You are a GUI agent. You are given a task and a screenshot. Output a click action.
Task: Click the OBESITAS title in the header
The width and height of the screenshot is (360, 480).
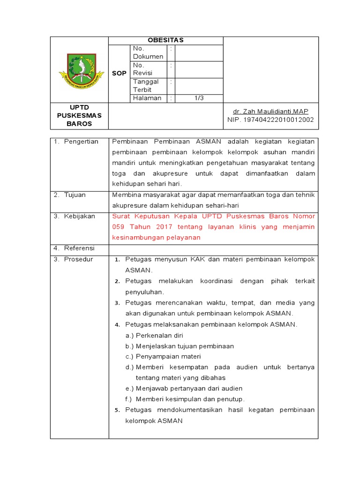pos(166,41)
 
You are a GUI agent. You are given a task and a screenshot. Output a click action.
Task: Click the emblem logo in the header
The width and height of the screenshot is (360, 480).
pos(82,72)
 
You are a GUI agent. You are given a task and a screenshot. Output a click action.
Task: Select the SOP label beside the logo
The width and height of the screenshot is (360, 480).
pos(119,74)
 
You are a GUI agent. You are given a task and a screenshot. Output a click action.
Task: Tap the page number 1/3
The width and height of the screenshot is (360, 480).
pos(199,98)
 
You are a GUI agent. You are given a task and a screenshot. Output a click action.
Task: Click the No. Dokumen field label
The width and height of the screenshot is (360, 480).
pos(148,52)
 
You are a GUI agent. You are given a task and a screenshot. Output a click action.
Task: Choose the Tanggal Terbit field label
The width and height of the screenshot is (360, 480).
pos(146,85)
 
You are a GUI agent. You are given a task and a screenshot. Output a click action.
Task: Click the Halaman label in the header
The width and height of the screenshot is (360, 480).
pos(147,98)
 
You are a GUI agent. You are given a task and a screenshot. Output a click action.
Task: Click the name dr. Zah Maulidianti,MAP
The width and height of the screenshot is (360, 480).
pos(270,111)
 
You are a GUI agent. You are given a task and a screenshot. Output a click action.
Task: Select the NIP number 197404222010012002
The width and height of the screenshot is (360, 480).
pos(270,120)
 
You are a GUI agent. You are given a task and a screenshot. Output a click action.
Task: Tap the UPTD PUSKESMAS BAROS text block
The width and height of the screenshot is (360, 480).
pos(79,115)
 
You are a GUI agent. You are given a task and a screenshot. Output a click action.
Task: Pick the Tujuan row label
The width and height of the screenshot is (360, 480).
pos(75,195)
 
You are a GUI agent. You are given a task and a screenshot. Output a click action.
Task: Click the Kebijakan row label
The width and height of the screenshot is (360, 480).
pos(80,216)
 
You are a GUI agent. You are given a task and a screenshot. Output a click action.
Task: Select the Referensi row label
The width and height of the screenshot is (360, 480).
pos(79,248)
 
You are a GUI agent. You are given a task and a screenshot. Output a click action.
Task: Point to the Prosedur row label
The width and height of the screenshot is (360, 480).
pos(78,259)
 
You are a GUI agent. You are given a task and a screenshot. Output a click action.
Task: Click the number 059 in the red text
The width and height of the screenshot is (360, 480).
pos(119,227)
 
